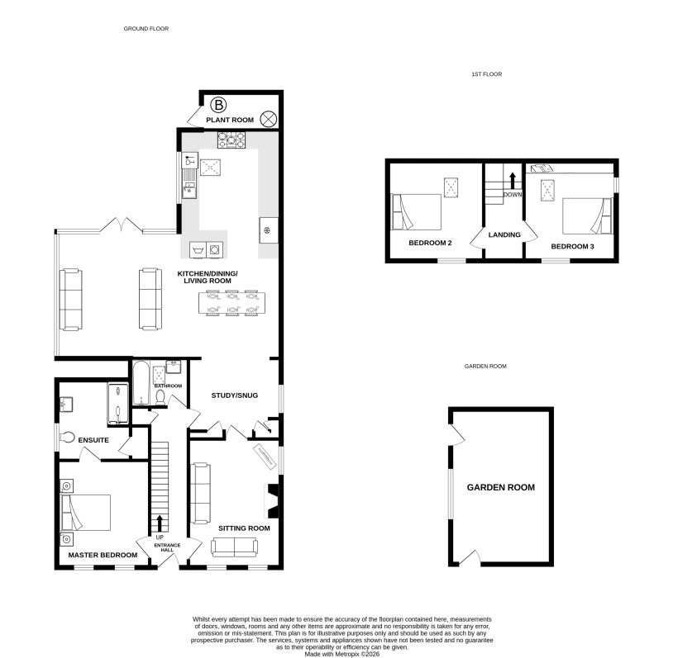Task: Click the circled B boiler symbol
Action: click(219, 105)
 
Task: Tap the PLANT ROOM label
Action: click(230, 120)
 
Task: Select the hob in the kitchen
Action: click(231, 140)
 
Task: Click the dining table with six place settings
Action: click(231, 303)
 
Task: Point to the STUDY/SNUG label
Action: click(234, 395)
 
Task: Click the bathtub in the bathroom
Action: click(141, 383)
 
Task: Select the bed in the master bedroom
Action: click(86, 513)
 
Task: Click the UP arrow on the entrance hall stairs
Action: click(160, 523)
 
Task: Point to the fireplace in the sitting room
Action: click(271, 499)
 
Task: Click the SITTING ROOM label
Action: click(244, 528)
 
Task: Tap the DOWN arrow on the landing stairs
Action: click(512, 181)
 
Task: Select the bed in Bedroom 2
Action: click(416, 212)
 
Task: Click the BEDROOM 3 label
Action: click(573, 247)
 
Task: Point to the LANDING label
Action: click(504, 235)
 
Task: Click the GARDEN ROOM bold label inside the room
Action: click(501, 487)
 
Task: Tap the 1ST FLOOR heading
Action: click(487, 74)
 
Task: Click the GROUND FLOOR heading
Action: click(146, 29)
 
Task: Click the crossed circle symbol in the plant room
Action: click(269, 119)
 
